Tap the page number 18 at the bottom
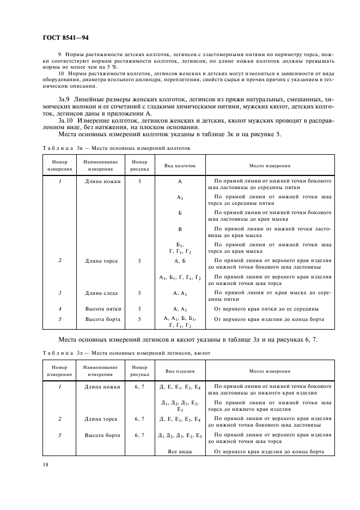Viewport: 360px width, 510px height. [46, 464]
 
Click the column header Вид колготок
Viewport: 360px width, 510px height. [180, 166]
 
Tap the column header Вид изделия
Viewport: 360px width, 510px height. [180, 371]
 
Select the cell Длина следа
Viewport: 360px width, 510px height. [102, 293]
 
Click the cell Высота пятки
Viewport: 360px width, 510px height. [102, 309]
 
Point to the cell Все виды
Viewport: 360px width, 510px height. [180, 452]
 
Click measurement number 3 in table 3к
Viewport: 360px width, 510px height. [59, 293]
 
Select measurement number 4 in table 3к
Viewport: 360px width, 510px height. [59, 309]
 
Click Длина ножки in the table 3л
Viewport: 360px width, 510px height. [102, 386]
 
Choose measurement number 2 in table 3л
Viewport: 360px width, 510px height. [59, 419]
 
